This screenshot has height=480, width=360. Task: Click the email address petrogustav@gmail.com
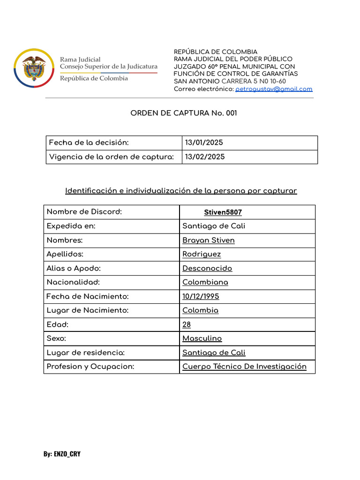[x=274, y=89]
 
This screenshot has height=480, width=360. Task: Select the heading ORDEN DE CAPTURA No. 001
[x=180, y=113]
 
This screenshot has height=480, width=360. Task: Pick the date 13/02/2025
[x=205, y=157]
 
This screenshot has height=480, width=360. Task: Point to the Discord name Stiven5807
[x=223, y=212]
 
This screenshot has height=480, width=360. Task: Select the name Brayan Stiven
[x=209, y=240]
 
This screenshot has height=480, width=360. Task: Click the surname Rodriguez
[x=202, y=254]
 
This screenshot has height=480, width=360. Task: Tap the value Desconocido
[x=207, y=268]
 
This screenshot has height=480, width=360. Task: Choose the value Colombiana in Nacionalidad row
[x=205, y=282]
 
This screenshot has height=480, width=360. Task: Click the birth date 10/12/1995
[x=201, y=296]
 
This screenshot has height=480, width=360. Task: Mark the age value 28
[x=187, y=324]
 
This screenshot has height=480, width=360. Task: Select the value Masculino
[x=202, y=338]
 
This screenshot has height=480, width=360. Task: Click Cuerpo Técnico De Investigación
[x=244, y=367]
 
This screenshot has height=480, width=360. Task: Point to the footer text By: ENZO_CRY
[x=62, y=454]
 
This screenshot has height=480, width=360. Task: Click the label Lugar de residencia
[x=86, y=352]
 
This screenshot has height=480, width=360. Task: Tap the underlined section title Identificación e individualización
[x=180, y=191]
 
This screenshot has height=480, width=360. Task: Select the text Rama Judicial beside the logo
[x=80, y=60]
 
